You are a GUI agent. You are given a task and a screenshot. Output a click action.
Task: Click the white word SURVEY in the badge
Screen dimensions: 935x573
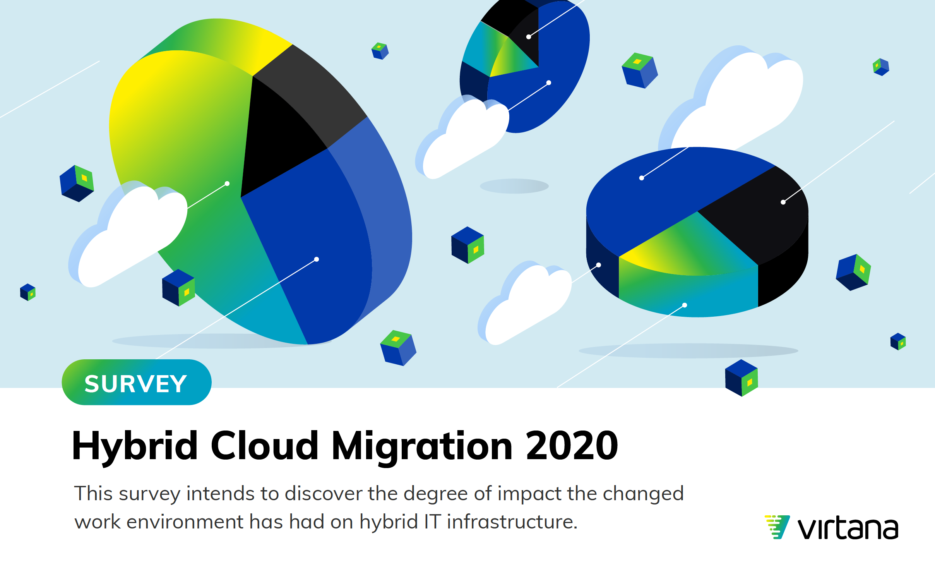click(x=136, y=384)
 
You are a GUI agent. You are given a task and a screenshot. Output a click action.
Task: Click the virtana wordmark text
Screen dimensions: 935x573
click(x=848, y=528)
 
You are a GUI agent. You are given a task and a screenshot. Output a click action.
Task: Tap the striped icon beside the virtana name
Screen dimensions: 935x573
click(x=777, y=527)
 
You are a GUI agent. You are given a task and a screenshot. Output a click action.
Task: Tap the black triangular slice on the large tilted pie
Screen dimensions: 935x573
click(x=279, y=139)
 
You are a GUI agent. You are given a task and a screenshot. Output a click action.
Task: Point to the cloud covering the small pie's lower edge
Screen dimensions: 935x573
click(x=462, y=137)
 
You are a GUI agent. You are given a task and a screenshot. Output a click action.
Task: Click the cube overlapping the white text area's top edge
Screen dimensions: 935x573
click(x=741, y=378)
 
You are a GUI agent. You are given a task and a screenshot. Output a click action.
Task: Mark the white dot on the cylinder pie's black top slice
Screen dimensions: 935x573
click(x=783, y=202)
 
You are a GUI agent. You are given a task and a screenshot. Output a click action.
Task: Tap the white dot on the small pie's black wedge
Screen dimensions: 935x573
click(x=529, y=37)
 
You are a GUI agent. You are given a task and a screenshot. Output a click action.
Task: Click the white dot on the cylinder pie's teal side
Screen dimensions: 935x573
click(x=685, y=305)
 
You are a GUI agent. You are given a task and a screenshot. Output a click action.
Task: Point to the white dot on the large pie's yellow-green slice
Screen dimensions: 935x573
click(x=227, y=184)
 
